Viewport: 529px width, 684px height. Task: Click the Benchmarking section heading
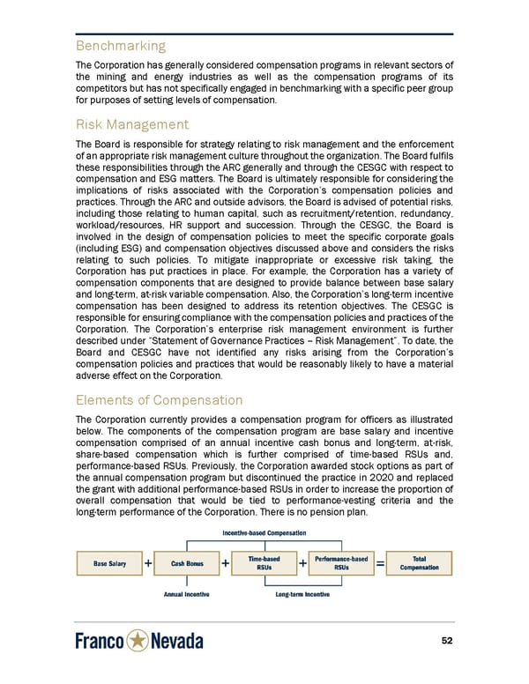coord(120,45)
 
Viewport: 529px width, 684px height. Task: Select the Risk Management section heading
coord(132,124)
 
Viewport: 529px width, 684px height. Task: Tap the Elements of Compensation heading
coord(160,399)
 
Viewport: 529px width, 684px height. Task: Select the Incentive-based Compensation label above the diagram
coord(264,532)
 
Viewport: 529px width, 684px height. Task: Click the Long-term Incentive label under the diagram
coord(302,594)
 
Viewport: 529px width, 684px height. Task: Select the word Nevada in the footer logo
coord(178,642)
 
